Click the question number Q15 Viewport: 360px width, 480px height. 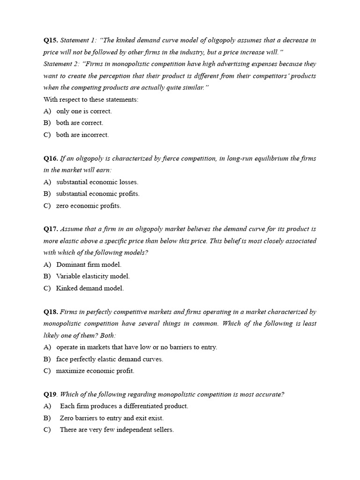[51, 40]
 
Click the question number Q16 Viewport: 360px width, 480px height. [51, 158]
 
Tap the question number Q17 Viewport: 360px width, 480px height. [51, 229]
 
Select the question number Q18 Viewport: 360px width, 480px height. [51, 312]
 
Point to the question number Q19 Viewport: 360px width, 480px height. [51, 395]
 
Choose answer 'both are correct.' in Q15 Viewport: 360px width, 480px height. [79, 123]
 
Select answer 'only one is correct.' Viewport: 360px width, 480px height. [84, 111]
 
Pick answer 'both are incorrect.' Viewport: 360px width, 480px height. [82, 135]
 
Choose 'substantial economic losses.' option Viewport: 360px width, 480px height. [97, 182]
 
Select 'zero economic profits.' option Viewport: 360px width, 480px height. [88, 206]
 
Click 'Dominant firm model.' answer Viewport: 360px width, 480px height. [89, 264]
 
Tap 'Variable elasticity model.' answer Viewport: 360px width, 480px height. [93, 277]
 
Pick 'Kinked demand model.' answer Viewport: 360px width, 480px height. [90, 288]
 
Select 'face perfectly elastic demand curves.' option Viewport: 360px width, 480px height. [109, 359]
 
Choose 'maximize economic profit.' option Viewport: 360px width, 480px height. [95, 371]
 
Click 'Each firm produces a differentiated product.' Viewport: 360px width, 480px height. [124, 406]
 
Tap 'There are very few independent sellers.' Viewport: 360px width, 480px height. [117, 430]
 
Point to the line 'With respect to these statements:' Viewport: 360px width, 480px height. [91, 99]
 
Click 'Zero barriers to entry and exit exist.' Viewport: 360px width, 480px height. [112, 418]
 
